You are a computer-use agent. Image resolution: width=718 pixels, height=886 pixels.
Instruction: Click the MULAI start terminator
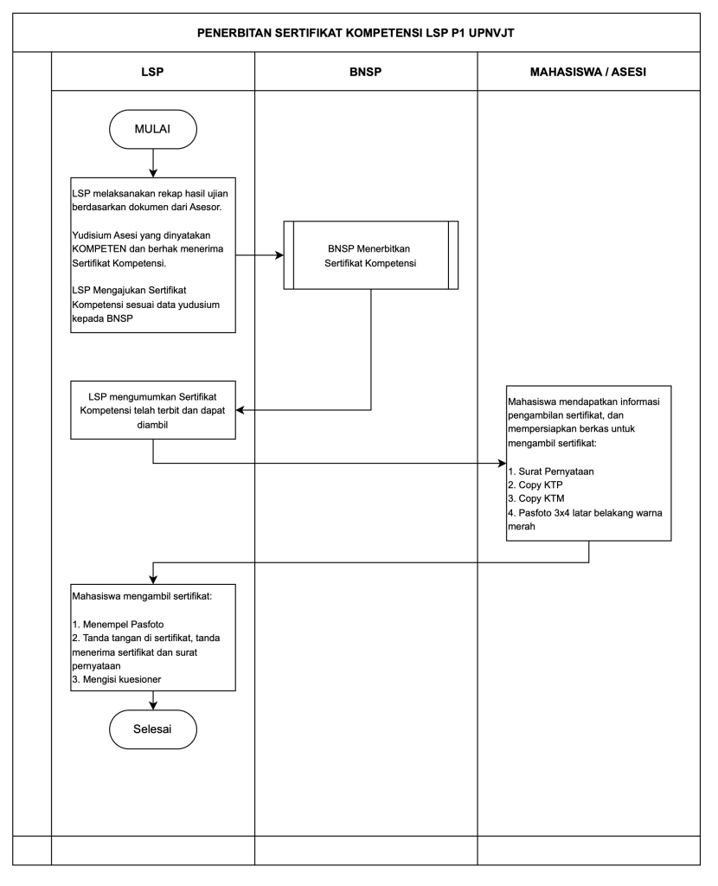[152, 130]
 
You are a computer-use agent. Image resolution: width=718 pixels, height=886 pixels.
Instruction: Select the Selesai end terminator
[152, 729]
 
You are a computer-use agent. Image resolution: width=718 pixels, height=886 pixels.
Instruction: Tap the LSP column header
[152, 72]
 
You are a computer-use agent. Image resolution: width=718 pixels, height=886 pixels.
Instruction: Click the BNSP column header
[366, 72]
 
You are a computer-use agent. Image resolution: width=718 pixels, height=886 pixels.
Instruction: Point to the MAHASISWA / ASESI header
[588, 72]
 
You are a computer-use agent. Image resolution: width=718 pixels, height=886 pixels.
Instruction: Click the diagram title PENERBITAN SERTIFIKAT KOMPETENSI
[356, 33]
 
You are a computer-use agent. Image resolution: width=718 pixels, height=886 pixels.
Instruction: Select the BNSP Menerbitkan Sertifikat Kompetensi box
[370, 255]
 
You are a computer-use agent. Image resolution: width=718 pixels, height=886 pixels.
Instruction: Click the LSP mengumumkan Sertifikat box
[153, 410]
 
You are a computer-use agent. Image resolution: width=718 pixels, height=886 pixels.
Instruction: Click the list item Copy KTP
[535, 485]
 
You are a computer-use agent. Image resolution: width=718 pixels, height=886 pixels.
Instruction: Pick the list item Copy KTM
[536, 498]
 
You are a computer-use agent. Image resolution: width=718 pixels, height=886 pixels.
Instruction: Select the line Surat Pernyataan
[551, 472]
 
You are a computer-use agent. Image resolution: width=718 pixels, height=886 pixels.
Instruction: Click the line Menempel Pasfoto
[118, 625]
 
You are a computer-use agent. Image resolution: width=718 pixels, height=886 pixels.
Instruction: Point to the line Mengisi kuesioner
[117, 679]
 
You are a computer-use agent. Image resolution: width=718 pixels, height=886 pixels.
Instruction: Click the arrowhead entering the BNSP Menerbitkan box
[279, 255]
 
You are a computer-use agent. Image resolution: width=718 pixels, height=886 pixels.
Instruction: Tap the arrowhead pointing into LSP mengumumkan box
[240, 410]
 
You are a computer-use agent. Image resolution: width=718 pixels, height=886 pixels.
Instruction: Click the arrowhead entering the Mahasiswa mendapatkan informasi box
[502, 464]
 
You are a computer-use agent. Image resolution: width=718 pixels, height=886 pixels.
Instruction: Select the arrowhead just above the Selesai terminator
[153, 705]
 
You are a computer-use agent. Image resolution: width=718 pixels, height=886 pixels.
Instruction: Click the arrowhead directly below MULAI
[153, 172]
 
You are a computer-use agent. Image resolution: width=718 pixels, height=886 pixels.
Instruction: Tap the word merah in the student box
[522, 527]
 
